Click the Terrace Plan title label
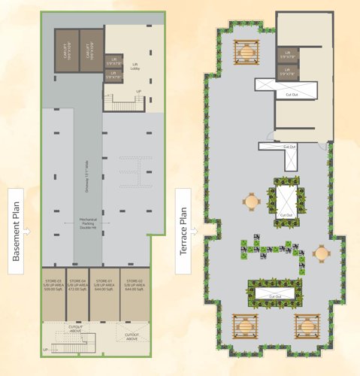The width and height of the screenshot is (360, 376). [183, 232]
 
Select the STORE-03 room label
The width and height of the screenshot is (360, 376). [53, 286]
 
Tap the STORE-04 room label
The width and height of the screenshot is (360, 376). [77, 286]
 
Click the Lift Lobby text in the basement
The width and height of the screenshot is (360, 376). [136, 66]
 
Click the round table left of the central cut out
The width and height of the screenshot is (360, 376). [251, 201]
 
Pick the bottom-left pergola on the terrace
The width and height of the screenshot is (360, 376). [247, 326]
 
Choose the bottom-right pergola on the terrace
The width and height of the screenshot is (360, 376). [307, 326]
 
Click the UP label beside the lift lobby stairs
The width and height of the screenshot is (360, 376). [138, 92]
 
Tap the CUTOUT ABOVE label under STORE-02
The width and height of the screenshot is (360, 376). [132, 335]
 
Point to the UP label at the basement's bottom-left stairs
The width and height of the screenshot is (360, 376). [45, 350]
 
